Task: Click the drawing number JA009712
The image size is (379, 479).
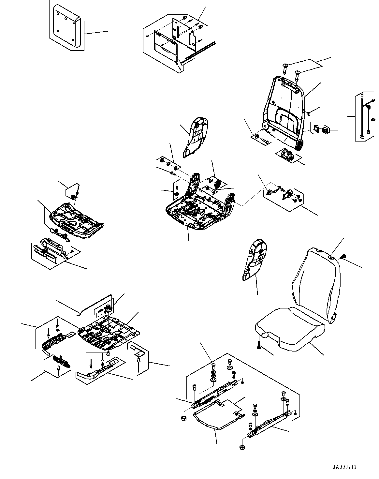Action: point(345,467)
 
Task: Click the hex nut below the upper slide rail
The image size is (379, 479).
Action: point(183,418)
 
